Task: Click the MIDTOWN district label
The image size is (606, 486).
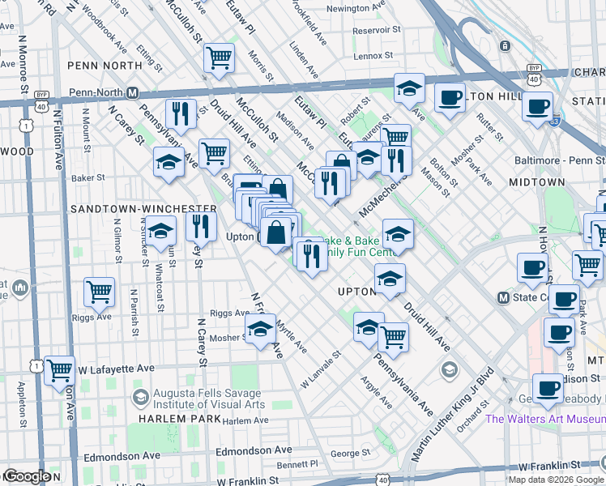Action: pos(542,183)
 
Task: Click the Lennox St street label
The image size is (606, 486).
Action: pos(373,56)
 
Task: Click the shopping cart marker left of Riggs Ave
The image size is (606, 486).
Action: pos(99,291)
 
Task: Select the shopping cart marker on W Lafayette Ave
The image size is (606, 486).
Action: pos(59,370)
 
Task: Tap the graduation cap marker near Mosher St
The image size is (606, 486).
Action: pos(259,329)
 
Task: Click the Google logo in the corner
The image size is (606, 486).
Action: pos(27,476)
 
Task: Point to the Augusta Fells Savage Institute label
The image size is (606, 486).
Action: pos(208,399)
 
